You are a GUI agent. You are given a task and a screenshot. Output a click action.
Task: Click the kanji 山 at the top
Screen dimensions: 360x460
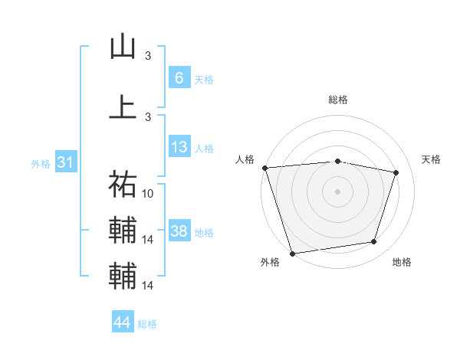tap(123, 47)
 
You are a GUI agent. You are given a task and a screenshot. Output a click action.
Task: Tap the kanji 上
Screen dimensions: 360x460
tap(123, 106)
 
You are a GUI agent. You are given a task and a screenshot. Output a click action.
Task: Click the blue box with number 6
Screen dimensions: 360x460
tap(179, 78)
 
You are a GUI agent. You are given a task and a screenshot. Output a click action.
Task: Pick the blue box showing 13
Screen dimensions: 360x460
tap(179, 147)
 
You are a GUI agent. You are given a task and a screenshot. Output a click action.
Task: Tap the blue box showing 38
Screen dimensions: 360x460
tap(179, 232)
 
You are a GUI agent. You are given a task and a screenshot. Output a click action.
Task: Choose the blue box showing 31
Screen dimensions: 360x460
tap(65, 163)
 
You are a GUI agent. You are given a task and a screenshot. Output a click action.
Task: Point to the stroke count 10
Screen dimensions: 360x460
tap(149, 194)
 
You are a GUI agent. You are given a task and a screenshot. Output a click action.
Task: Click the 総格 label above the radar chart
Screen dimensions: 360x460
tap(338, 100)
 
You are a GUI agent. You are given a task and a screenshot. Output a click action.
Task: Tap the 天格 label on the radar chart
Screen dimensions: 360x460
tap(432, 159)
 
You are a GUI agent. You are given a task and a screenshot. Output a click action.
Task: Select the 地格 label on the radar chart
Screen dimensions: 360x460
tap(402, 263)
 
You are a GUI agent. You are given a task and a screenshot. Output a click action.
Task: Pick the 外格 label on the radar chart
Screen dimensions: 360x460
tap(270, 263)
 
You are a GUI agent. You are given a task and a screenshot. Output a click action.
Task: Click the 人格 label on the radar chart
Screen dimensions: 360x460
tap(245, 159)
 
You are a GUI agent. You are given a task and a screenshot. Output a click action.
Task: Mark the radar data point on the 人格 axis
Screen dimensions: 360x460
tap(264, 168)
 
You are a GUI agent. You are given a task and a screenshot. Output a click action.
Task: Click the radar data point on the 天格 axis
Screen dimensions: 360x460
tap(396, 172)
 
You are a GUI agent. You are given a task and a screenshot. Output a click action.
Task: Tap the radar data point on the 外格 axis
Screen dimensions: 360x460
tap(292, 253)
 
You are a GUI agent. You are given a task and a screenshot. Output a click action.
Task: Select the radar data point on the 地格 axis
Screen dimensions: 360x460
tap(374, 242)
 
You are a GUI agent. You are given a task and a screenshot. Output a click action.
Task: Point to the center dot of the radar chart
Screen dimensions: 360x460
tap(337, 191)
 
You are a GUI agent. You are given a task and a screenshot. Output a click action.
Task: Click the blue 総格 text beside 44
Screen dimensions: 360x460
tap(147, 324)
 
